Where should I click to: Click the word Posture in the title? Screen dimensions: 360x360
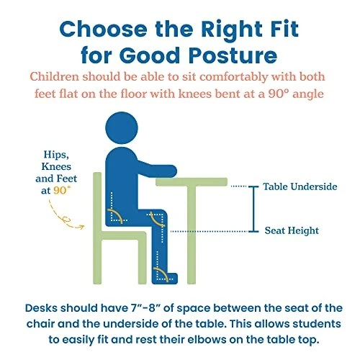click(233, 56)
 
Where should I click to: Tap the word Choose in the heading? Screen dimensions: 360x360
click(103, 29)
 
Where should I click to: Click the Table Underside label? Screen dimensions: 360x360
click(300, 186)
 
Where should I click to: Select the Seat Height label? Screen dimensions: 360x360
click(292, 230)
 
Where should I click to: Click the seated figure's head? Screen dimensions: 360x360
click(122, 127)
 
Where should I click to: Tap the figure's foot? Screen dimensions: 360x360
click(165, 279)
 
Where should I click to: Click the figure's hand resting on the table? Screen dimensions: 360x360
click(171, 171)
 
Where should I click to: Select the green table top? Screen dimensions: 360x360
click(192, 181)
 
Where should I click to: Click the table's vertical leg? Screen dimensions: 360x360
click(192, 235)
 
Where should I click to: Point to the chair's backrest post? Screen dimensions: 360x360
click(97, 228)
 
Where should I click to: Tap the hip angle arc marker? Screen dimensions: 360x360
click(116, 215)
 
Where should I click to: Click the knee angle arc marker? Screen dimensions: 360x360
click(156, 219)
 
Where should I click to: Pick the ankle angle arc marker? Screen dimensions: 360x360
click(161, 274)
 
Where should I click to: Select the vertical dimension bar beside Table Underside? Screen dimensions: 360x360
click(253, 209)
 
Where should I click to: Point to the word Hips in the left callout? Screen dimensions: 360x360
click(56, 155)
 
